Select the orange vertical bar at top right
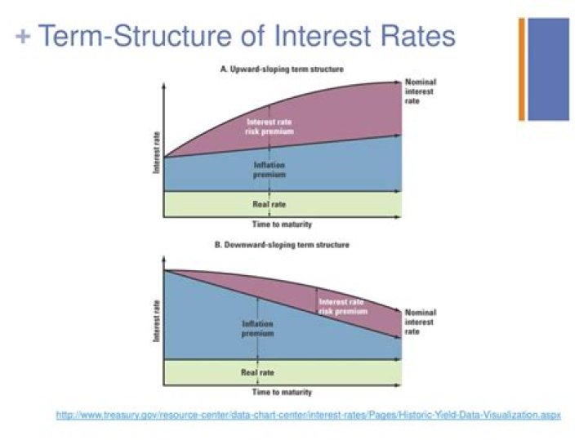pyautogui.click(x=521, y=69)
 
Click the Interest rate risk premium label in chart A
pyautogui.click(x=269, y=127)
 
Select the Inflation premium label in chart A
pyautogui.click(x=269, y=169)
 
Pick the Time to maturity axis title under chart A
pyautogui.click(x=281, y=224)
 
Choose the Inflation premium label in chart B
pyautogui.click(x=258, y=328)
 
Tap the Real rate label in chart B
pyautogui.click(x=257, y=372)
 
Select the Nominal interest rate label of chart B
pyautogui.click(x=421, y=322)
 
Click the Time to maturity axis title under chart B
pyautogui.click(x=281, y=393)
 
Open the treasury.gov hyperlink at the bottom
pyautogui.click(x=309, y=416)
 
